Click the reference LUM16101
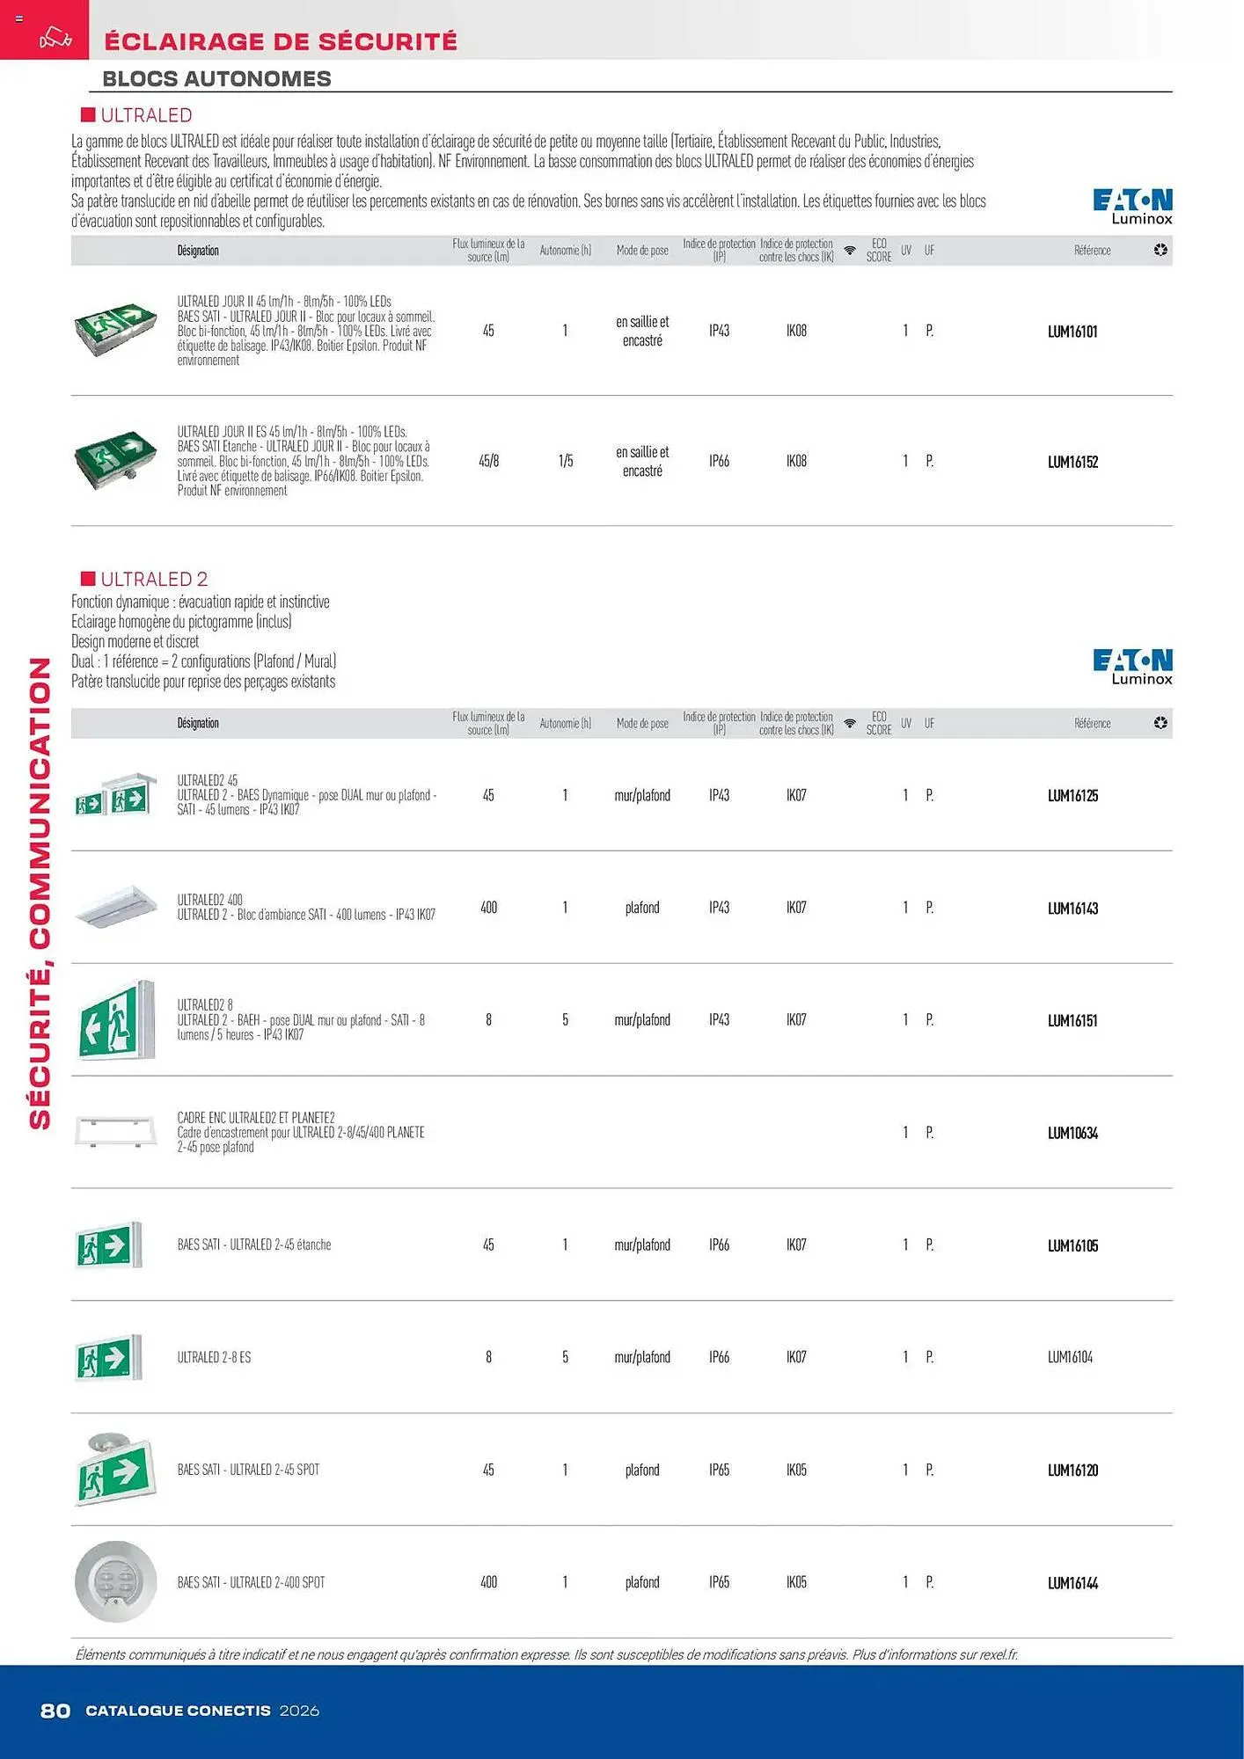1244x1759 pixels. click(1072, 332)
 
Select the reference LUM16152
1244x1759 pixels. click(1072, 462)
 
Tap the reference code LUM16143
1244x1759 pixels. click(1072, 909)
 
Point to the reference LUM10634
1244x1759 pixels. click(1072, 1134)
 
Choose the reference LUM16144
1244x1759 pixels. click(1072, 1583)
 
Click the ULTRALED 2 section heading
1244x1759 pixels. click(154, 579)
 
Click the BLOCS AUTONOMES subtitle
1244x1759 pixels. click(216, 79)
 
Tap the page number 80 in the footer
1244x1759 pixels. click(55, 1711)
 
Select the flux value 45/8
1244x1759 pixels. click(488, 461)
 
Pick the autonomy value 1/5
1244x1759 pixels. click(565, 461)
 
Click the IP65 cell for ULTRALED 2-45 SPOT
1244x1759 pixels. click(719, 1470)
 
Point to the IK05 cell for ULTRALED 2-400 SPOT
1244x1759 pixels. click(796, 1582)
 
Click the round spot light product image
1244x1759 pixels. click(115, 1581)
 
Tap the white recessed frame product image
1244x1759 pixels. click(115, 1131)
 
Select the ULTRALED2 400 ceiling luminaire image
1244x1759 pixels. click(115, 907)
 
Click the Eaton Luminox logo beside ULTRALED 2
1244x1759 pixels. click(1132, 667)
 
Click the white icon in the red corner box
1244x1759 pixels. click(55, 39)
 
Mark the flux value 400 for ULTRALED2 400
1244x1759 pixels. click(488, 908)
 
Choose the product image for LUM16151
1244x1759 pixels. click(115, 1019)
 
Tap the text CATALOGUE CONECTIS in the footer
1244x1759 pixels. click(178, 1711)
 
